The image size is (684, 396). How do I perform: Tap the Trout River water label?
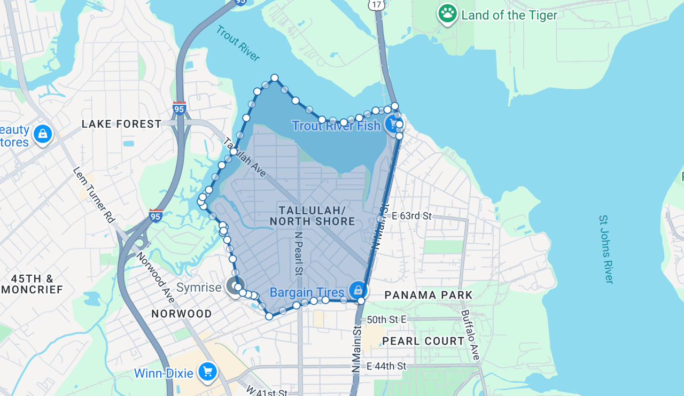[238, 43]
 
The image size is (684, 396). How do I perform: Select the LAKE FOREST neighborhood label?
[121, 124]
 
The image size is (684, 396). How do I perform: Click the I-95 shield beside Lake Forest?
[179, 108]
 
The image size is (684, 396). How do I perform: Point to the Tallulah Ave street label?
[244, 158]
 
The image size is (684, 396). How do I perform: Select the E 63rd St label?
[411, 216]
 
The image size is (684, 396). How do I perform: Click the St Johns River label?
[606, 249]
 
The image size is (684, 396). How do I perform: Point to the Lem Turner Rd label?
[94, 195]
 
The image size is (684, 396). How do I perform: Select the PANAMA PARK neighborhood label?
[429, 295]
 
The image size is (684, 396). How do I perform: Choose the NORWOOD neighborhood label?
[182, 314]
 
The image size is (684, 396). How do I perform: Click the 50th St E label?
[387, 320]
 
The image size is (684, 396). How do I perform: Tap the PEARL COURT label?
[423, 341]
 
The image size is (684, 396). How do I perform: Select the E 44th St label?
[386, 366]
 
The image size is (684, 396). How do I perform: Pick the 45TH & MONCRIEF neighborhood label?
[32, 284]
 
